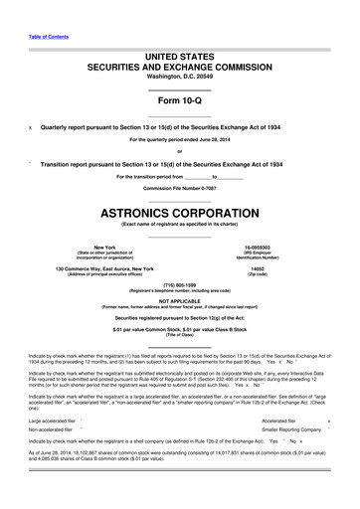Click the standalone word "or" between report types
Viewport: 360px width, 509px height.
179,151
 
